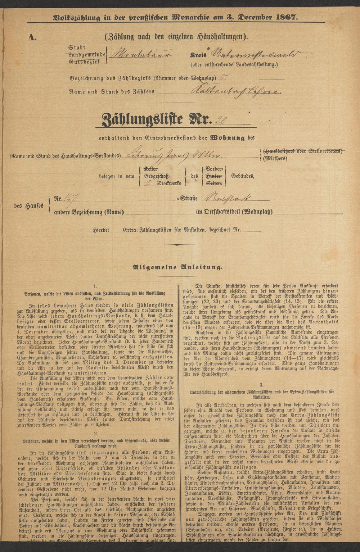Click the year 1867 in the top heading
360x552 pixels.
(285, 17)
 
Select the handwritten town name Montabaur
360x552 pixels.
(141, 55)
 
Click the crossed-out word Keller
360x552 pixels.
(150, 169)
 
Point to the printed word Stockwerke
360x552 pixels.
(169, 183)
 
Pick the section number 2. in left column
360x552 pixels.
(95, 434)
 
